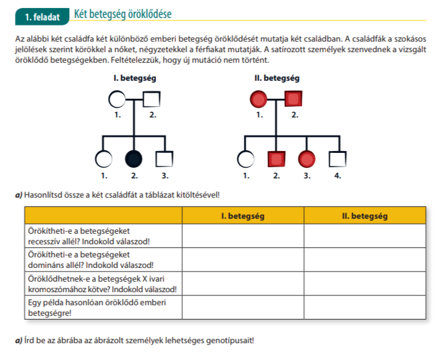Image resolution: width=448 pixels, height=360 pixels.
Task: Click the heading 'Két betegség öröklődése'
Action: point(123,14)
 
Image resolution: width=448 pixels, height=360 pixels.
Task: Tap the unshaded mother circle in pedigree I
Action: point(116,98)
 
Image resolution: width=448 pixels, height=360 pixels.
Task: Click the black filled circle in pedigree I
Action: point(134,159)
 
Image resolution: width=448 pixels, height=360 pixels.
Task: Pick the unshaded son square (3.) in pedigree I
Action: point(164,159)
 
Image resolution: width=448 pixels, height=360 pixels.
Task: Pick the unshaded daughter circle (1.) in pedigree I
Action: point(103,159)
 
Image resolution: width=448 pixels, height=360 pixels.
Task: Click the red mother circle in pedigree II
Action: point(258,98)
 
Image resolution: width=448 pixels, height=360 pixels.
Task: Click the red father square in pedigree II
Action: point(294,98)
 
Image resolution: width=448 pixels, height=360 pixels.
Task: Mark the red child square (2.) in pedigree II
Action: point(276,159)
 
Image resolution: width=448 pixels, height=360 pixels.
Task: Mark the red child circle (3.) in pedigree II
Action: point(306,159)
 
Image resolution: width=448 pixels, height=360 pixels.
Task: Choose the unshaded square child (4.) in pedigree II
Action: point(337,159)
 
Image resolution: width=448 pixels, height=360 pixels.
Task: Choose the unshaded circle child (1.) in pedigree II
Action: point(246,159)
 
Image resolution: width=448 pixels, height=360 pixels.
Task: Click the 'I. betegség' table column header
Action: point(243,216)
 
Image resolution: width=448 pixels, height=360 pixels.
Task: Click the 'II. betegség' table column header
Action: point(365,216)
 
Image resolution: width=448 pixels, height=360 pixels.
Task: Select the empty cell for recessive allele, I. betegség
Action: point(243,236)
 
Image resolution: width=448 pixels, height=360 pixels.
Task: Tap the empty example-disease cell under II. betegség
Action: point(365,307)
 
